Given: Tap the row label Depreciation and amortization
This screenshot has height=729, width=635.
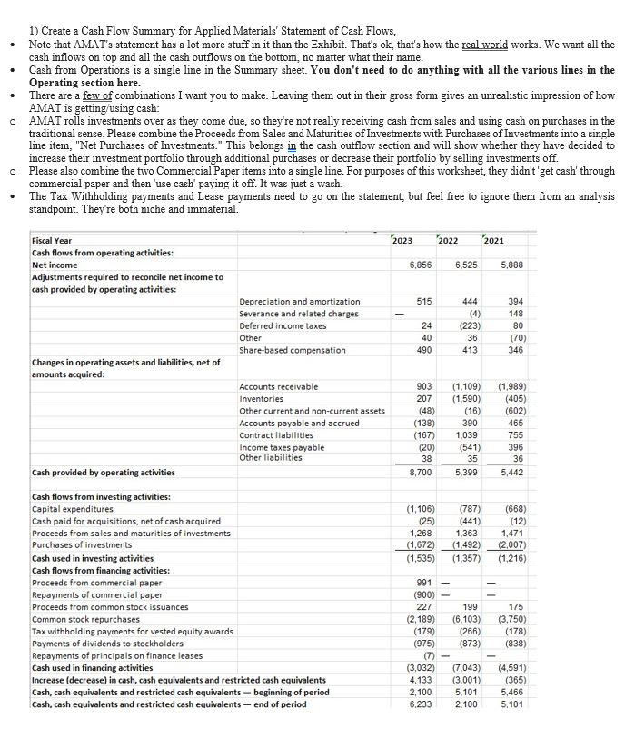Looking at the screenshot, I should (300, 301).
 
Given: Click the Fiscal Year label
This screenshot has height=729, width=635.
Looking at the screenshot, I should (52, 240).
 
